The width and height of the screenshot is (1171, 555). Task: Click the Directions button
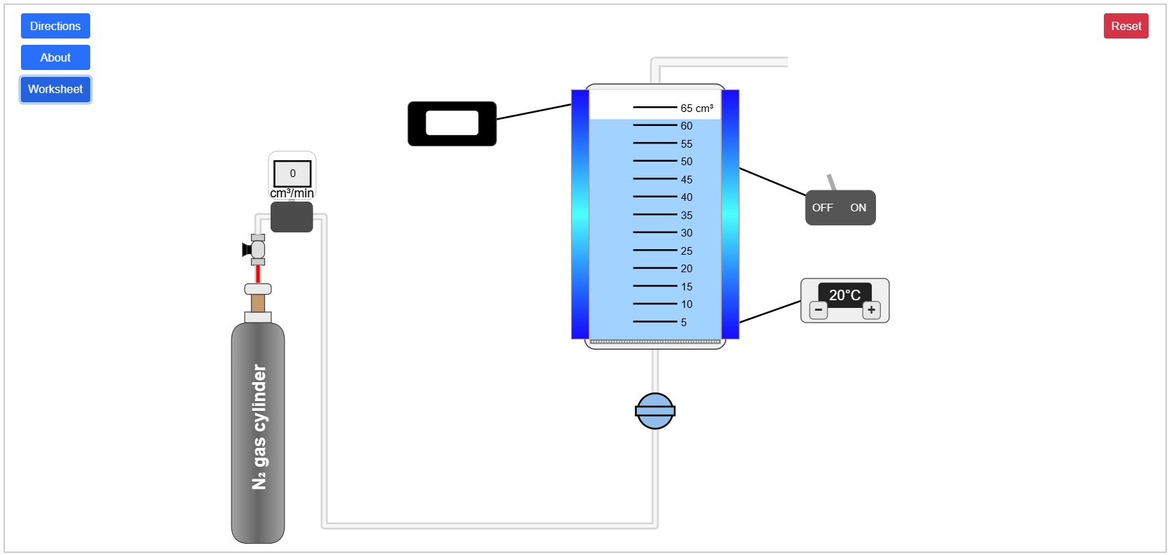pos(55,26)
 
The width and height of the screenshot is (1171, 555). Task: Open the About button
pos(55,57)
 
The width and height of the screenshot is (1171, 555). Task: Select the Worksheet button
pos(55,89)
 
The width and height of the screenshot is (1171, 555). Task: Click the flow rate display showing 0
pos(292,174)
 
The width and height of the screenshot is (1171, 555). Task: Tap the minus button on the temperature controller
pos(818,310)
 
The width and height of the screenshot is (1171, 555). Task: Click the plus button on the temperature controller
pos(871,310)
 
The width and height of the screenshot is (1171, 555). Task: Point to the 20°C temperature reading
pos(845,295)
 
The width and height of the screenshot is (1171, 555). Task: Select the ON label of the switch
pos(858,208)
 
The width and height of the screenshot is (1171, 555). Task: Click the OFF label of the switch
pos(822,208)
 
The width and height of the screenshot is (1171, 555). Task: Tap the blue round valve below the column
pos(655,411)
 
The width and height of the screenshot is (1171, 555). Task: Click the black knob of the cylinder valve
pos(246,249)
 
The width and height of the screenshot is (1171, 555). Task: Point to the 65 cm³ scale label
pos(696,108)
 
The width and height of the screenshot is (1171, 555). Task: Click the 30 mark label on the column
pos(687,233)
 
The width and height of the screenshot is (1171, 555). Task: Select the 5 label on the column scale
pos(684,323)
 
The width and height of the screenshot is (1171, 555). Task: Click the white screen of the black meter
pos(452,123)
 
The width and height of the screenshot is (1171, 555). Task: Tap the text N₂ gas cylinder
pos(259,427)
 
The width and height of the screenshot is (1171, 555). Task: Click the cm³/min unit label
pos(292,193)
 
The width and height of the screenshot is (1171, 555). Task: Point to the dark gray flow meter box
pos(292,217)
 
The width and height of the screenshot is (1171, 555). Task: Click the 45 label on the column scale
pos(687,180)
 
